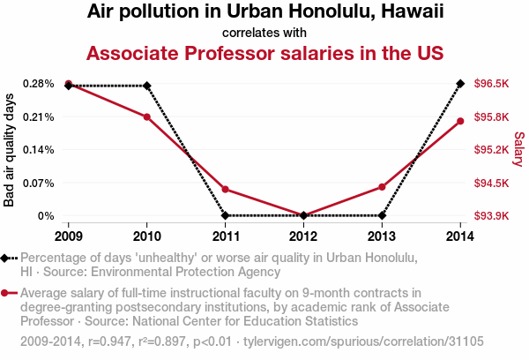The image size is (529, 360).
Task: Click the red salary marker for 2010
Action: tap(147, 116)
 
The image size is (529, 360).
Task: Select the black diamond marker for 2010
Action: tap(147, 86)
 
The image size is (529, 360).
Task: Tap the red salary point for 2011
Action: tap(226, 189)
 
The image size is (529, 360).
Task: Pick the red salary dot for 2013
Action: tap(382, 187)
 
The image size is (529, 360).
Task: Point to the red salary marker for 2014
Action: tap(460, 121)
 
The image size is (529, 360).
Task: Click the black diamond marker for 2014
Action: tap(460, 84)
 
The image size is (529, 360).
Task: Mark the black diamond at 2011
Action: tap(226, 215)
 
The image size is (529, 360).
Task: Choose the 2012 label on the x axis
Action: tap(303, 236)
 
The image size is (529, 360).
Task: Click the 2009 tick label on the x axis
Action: tap(69, 236)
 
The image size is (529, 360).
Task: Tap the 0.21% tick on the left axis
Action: tap(41, 116)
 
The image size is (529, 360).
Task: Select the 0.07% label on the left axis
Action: tap(41, 183)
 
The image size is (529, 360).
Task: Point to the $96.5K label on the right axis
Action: tap(490, 84)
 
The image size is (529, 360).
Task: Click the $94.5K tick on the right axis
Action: tap(490, 183)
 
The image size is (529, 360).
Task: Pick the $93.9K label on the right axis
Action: tap(490, 215)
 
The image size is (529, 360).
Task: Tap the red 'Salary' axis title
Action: tap(518, 149)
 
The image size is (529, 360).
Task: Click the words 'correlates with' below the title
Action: tap(264, 33)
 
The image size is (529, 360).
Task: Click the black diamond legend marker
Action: tap(7, 258)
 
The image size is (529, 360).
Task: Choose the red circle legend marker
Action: tap(7, 293)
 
